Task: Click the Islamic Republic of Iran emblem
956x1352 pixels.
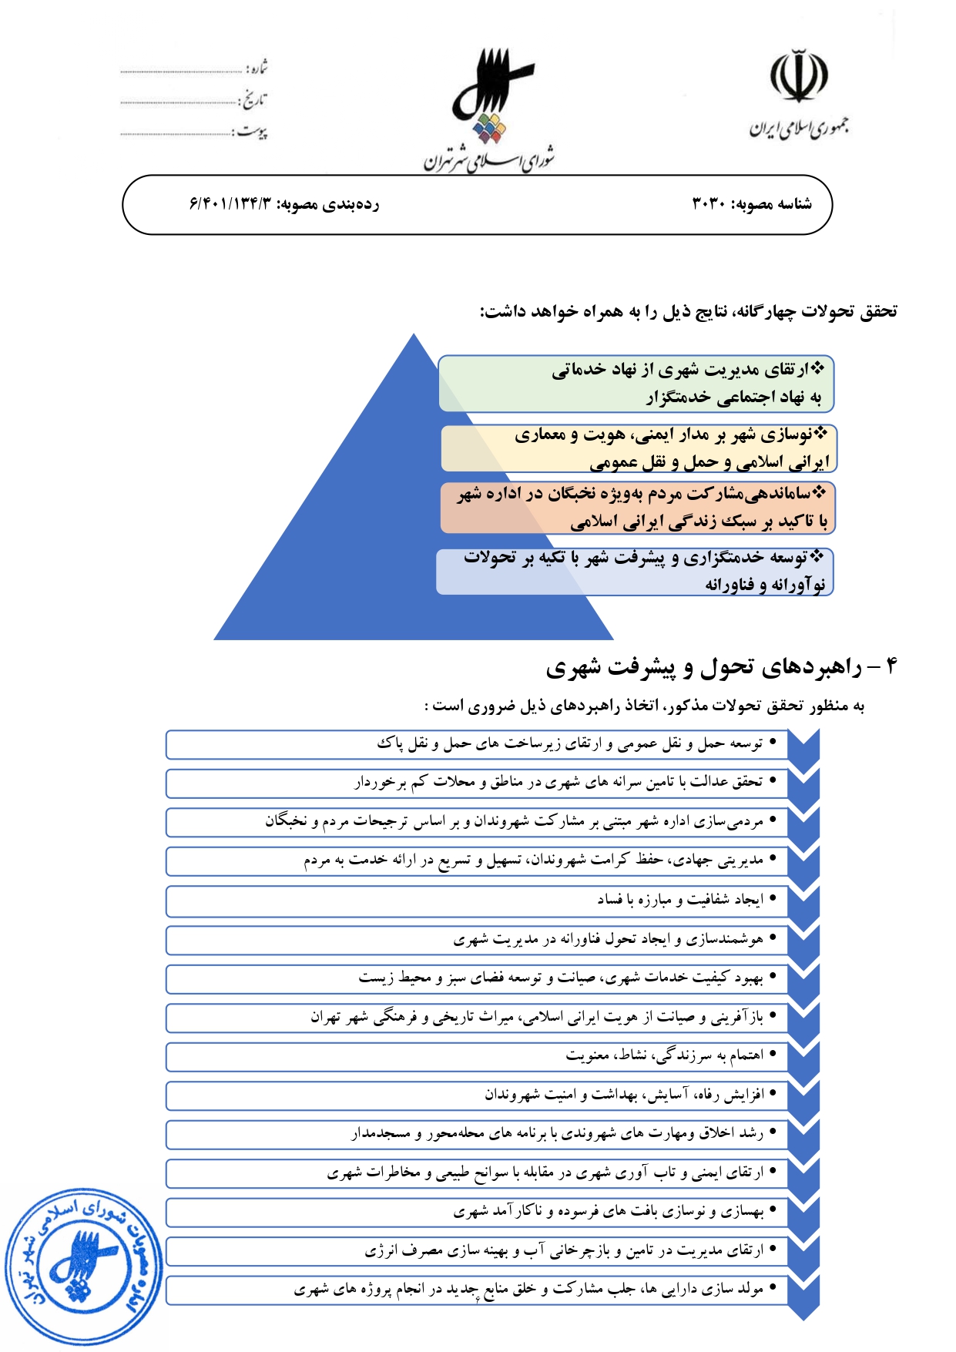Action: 799,77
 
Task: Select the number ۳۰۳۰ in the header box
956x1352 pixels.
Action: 709,204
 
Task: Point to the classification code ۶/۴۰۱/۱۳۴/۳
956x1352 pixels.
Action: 230,204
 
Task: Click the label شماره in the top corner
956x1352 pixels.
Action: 257,69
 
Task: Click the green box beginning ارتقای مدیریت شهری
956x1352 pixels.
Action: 636,383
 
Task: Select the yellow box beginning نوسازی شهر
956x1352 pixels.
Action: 639,448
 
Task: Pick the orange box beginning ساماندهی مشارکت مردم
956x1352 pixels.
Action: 639,508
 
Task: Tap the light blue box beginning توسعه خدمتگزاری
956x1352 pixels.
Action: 635,571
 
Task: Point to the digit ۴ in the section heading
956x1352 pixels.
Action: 891,666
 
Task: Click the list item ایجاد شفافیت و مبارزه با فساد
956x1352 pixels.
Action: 679,900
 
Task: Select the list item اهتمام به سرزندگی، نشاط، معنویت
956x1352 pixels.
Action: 664,1055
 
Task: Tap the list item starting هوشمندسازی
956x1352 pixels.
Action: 609,939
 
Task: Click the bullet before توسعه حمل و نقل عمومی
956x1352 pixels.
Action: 773,743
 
